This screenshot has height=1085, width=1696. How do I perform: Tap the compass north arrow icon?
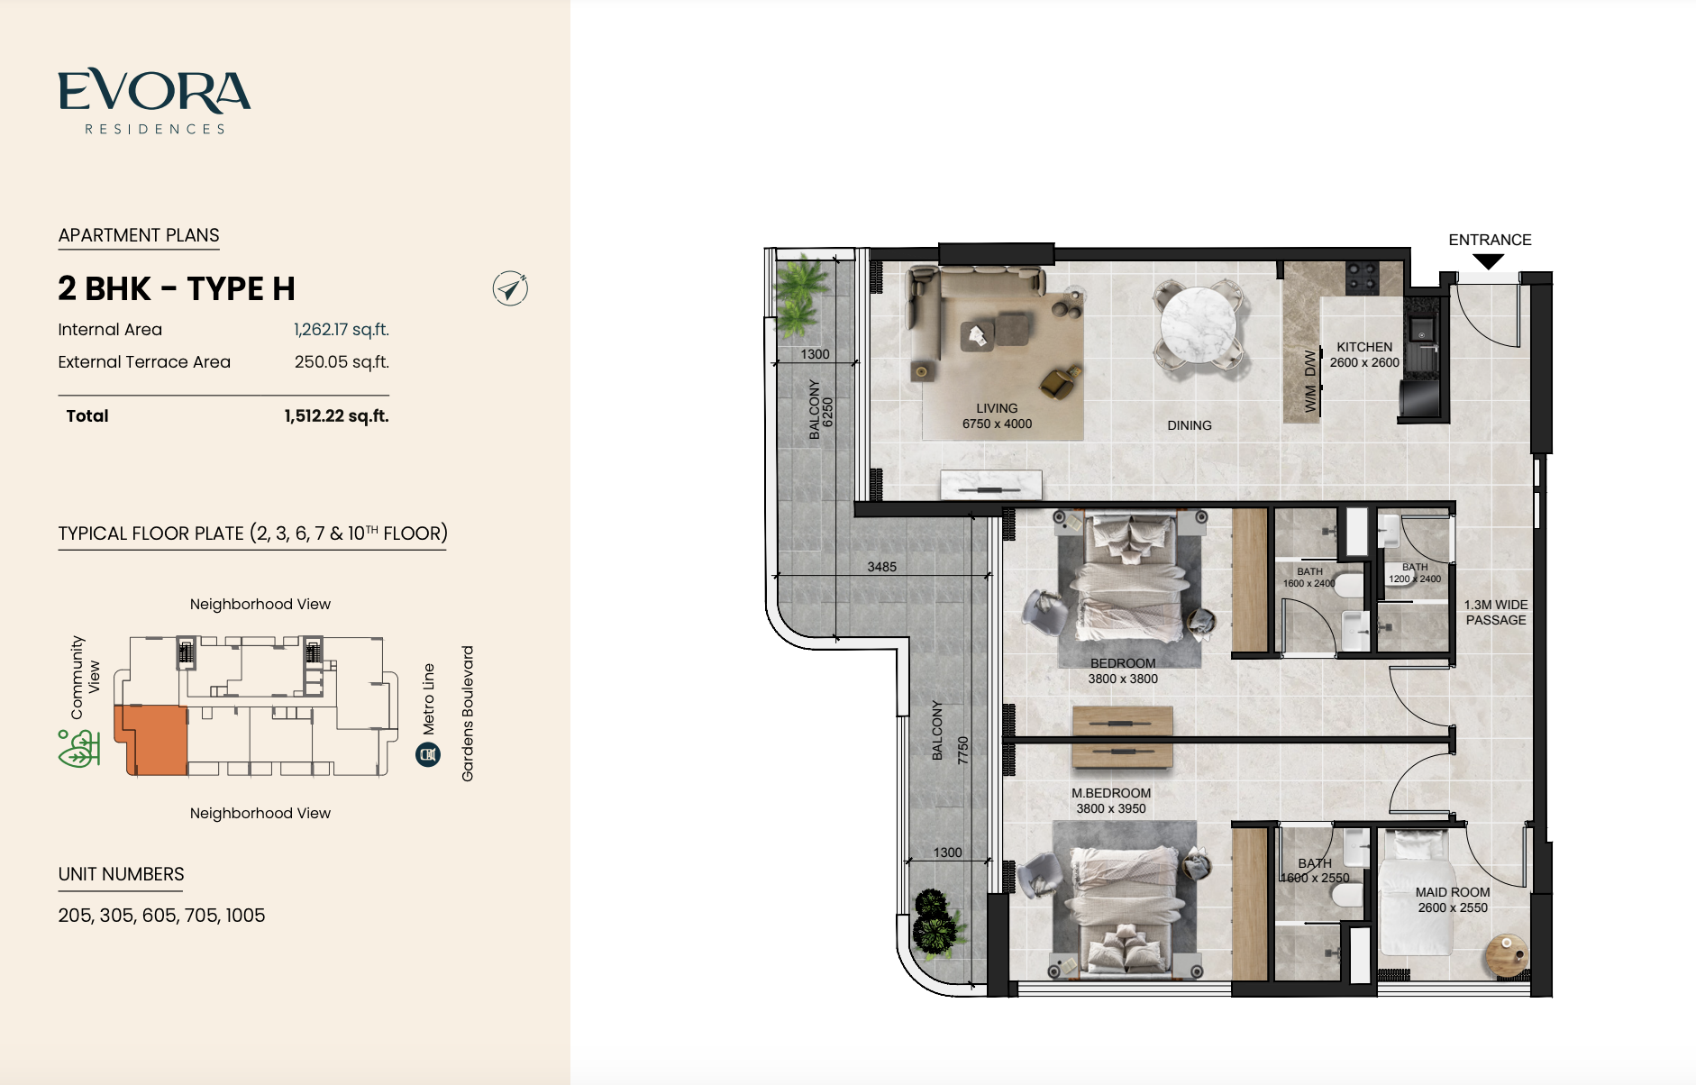(x=510, y=288)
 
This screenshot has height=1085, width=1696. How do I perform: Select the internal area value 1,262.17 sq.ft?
(x=342, y=330)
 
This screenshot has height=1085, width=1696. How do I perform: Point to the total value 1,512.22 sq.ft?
(x=336, y=416)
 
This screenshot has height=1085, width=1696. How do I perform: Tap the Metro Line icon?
(x=428, y=754)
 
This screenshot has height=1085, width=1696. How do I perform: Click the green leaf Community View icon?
(x=78, y=749)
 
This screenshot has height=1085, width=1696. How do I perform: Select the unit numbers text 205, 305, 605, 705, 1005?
(x=161, y=916)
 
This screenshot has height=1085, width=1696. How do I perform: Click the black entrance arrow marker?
(x=1489, y=261)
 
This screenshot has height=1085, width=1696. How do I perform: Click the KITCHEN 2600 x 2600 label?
(x=1364, y=355)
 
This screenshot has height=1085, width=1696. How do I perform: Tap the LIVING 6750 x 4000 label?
(x=997, y=416)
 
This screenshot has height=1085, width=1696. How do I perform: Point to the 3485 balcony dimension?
(x=881, y=567)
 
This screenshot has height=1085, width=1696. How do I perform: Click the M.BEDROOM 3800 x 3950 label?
(x=1111, y=801)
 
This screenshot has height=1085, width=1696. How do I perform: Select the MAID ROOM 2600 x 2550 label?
(x=1453, y=900)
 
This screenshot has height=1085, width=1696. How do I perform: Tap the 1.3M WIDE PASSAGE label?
(x=1496, y=613)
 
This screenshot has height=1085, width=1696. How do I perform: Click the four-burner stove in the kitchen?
(x=1361, y=277)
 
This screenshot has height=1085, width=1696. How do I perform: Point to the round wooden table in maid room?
(x=1507, y=954)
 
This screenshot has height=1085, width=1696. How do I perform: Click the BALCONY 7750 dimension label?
(x=950, y=732)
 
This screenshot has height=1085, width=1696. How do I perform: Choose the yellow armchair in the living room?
(x=1060, y=382)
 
